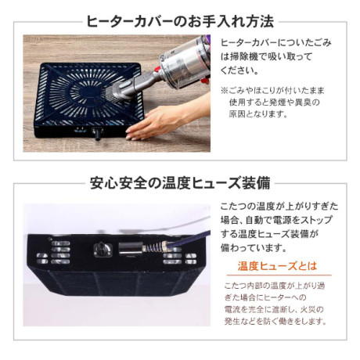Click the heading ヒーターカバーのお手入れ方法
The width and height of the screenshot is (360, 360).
click(x=180, y=21)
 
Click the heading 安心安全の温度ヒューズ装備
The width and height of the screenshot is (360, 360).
click(x=180, y=183)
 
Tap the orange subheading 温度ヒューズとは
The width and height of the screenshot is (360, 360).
click(x=277, y=266)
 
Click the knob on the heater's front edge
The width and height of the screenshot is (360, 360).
click(x=98, y=133)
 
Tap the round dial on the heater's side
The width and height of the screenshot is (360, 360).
click(x=100, y=250)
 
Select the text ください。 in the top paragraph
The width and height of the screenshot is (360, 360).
click(x=239, y=70)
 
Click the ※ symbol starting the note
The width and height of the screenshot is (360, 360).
click(x=225, y=91)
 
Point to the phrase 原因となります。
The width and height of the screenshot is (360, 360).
click(x=258, y=113)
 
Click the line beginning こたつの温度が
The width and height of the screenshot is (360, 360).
click(x=279, y=206)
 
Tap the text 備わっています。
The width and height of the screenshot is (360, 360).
click(x=254, y=247)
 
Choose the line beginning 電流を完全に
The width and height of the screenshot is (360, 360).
click(x=274, y=309)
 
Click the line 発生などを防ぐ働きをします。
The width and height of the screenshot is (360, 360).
click(x=275, y=321)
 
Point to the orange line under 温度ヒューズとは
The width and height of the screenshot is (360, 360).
click(x=279, y=275)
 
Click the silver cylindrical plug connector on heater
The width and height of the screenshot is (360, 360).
click(x=131, y=248)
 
